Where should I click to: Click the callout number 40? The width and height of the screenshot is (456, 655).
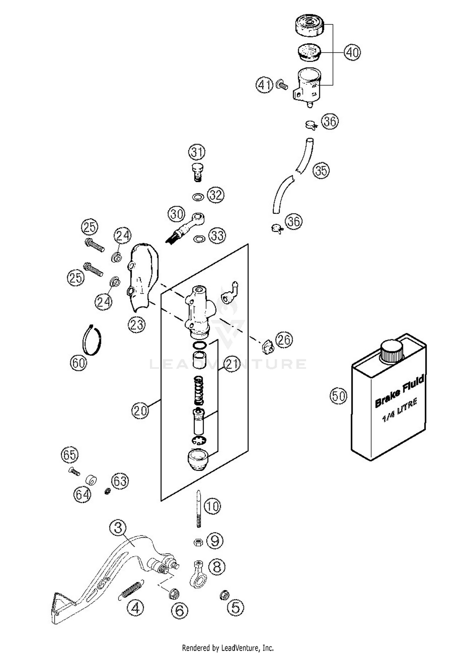click(x=352, y=52)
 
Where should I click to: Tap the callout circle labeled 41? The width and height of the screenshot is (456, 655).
click(x=264, y=85)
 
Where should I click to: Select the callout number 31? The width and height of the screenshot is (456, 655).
click(x=197, y=152)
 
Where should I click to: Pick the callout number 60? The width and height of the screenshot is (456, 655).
click(x=78, y=362)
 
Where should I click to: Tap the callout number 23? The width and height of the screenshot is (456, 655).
click(x=136, y=324)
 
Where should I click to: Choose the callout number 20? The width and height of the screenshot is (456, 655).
click(x=140, y=411)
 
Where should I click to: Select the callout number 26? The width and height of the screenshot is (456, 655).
click(x=284, y=340)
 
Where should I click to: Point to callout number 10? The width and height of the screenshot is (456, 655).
click(x=212, y=506)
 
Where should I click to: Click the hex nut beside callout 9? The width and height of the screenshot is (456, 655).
click(x=198, y=542)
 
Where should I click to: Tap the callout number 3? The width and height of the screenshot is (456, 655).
click(x=118, y=528)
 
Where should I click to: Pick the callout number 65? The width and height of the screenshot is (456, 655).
click(x=70, y=455)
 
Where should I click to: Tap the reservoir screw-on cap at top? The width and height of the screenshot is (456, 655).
click(x=309, y=25)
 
